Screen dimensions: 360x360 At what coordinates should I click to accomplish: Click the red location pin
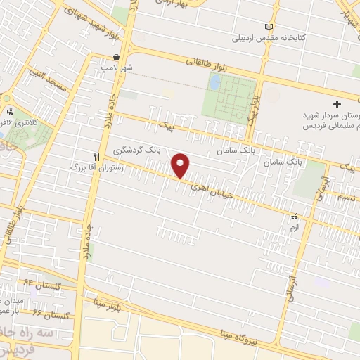181,165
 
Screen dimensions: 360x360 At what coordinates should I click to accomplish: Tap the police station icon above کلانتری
10,111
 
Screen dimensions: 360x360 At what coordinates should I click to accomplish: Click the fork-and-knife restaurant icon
96,157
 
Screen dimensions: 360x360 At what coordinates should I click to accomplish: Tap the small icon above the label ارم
294,218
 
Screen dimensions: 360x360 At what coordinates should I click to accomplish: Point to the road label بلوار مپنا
108,304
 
